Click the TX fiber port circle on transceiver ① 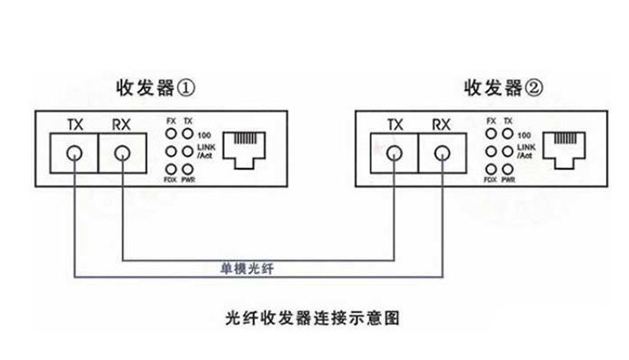pyautogui.click(x=75, y=156)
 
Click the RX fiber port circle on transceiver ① pyautogui.click(x=121, y=156)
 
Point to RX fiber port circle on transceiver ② pyautogui.click(x=441, y=156)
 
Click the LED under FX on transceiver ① pyautogui.click(x=171, y=134)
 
